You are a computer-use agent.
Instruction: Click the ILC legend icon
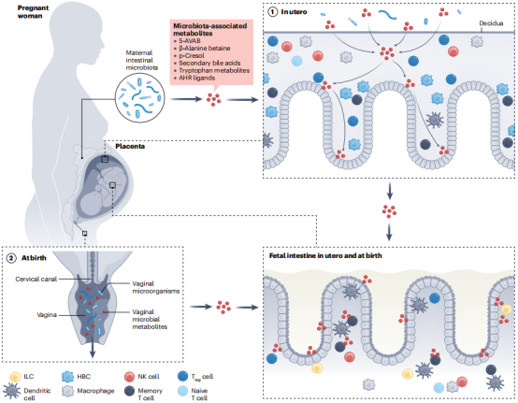click(15, 377)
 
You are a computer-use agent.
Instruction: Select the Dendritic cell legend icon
click(11, 391)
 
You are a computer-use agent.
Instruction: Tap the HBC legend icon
click(68, 377)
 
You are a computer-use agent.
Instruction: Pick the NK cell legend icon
click(129, 377)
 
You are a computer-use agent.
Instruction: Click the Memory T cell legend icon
click(129, 391)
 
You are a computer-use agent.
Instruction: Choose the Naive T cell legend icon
click(182, 391)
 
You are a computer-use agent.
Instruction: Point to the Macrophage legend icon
click(68, 391)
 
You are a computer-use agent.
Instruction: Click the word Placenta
click(130, 146)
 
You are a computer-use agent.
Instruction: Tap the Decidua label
click(491, 23)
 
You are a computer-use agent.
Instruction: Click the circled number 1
click(272, 12)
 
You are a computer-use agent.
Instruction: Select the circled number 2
click(11, 258)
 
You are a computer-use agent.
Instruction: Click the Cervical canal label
click(36, 280)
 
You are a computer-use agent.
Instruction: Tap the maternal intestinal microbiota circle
click(139, 98)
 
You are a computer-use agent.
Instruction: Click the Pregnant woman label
click(33, 12)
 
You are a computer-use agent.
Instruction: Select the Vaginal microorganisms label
click(155, 287)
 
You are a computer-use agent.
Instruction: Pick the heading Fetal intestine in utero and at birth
click(325, 255)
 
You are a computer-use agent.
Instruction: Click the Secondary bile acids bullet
click(209, 63)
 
